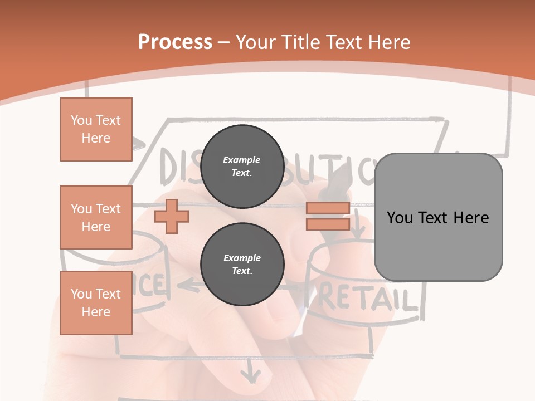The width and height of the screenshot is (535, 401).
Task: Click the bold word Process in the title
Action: (175, 42)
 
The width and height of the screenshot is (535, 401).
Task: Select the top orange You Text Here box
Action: (96, 129)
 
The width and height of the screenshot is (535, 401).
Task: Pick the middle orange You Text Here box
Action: (96, 217)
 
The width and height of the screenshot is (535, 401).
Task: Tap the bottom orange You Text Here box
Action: (96, 303)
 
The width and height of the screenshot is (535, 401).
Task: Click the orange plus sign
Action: (172, 217)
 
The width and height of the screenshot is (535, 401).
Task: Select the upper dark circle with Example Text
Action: (242, 166)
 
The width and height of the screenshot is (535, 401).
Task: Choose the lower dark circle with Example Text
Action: (242, 264)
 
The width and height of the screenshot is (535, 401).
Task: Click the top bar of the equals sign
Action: (328, 208)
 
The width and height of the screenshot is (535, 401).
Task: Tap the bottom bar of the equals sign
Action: (328, 224)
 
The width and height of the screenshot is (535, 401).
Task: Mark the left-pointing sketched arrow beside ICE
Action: (188, 286)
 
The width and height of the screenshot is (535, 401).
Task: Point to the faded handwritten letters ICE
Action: (149, 285)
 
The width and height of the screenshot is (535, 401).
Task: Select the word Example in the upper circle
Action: (242, 160)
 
